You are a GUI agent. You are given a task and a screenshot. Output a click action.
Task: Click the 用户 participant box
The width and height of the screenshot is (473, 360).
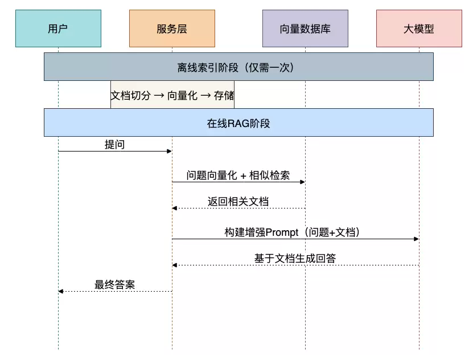point(58,28)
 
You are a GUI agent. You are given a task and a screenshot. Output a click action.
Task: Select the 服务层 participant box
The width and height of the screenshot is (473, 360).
point(172,28)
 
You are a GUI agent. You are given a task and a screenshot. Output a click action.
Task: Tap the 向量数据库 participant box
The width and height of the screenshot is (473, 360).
point(305,28)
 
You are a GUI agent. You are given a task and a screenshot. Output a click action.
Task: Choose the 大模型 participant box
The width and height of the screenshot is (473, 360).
point(419,28)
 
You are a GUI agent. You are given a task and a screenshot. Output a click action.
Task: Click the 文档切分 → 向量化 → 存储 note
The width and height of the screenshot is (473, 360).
point(172,95)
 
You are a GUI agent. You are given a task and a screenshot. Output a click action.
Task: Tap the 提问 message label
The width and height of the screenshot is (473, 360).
point(114,145)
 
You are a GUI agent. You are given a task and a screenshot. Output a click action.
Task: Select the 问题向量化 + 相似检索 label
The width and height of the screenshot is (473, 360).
point(238,175)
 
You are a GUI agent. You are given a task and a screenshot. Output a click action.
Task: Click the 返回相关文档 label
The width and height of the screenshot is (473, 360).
point(238,202)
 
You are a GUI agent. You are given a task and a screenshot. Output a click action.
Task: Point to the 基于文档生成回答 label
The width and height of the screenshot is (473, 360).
point(295,259)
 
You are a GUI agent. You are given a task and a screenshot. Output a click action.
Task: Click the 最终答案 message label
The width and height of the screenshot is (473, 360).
point(114,285)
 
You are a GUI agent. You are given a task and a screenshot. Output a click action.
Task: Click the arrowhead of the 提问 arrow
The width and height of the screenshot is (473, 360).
point(169,151)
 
